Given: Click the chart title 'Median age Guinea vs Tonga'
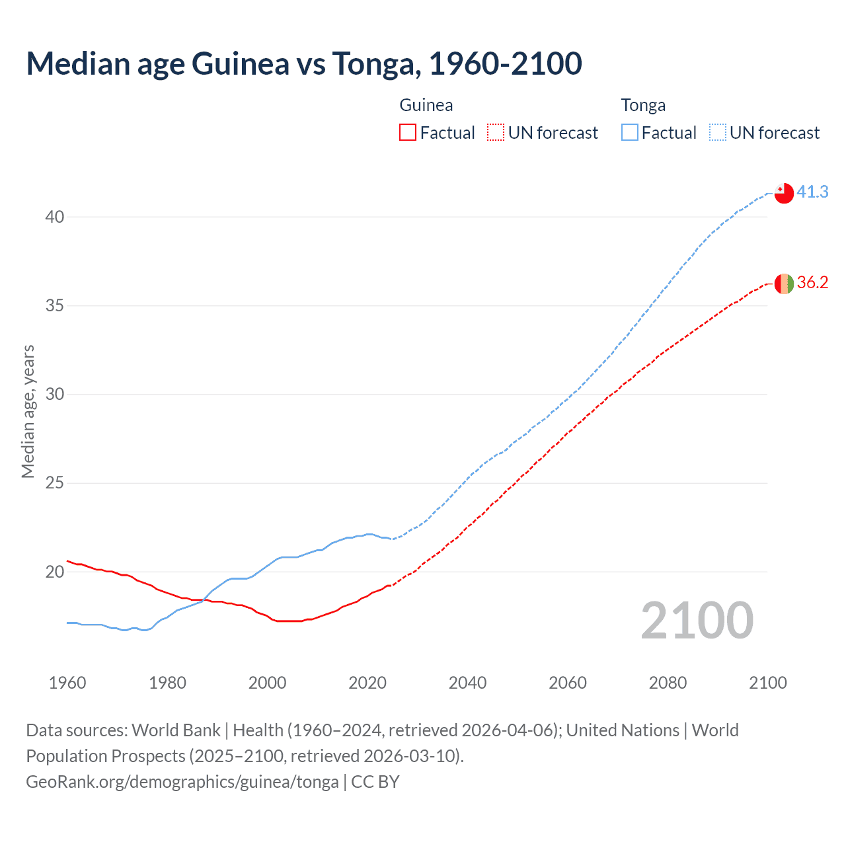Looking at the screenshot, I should tap(304, 63).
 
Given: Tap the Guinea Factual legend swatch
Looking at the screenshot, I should tap(408, 133).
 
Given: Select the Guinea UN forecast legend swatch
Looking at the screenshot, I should tap(496, 133).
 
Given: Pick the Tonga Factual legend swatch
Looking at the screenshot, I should tap(630, 133).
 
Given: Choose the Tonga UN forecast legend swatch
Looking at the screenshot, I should tap(717, 133).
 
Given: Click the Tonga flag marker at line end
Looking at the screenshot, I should tap(784, 193).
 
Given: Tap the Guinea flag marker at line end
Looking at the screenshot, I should tap(784, 284).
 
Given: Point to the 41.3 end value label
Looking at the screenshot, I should tap(812, 192).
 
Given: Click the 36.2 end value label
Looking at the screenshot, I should tap(812, 283).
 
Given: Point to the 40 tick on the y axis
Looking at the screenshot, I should tap(55, 217).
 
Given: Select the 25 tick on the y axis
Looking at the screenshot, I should tap(55, 483).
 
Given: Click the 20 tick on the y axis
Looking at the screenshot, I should tap(55, 572).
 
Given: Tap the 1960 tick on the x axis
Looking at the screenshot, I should tap(67, 683).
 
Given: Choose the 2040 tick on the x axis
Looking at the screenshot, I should tap(467, 683).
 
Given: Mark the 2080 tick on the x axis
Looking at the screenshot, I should tap(668, 683).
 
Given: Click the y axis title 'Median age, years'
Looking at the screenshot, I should tap(28, 411).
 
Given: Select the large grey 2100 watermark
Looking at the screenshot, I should tap(697, 621).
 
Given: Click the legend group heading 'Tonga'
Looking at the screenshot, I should tap(643, 106).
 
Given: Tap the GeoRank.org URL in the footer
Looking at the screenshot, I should tap(182, 782).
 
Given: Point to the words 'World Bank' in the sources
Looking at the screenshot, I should tap(176, 730).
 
